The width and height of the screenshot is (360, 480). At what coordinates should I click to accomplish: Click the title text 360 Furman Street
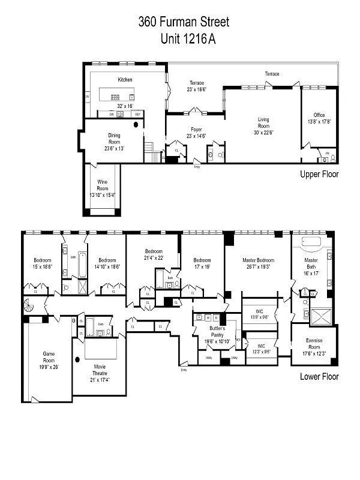(184, 23)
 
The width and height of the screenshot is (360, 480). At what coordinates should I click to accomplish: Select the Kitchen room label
(125, 79)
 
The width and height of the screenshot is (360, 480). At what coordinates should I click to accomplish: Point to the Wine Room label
(103, 185)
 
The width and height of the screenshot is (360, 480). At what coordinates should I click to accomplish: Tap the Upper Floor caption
(319, 174)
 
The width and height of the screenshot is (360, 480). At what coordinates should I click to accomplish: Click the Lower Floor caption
(319, 377)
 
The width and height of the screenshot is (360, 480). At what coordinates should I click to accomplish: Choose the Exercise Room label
(314, 344)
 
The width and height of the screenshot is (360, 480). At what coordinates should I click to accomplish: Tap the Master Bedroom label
(259, 260)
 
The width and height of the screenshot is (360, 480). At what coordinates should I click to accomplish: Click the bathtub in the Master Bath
(313, 242)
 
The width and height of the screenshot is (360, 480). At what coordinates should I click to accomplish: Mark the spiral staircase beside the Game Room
(30, 306)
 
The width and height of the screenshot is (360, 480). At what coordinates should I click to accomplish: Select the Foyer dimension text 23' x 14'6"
(196, 136)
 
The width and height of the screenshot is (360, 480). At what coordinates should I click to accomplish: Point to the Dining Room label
(114, 139)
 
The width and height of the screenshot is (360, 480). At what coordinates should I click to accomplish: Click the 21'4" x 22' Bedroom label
(154, 251)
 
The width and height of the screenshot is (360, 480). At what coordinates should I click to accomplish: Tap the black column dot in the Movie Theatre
(77, 360)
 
